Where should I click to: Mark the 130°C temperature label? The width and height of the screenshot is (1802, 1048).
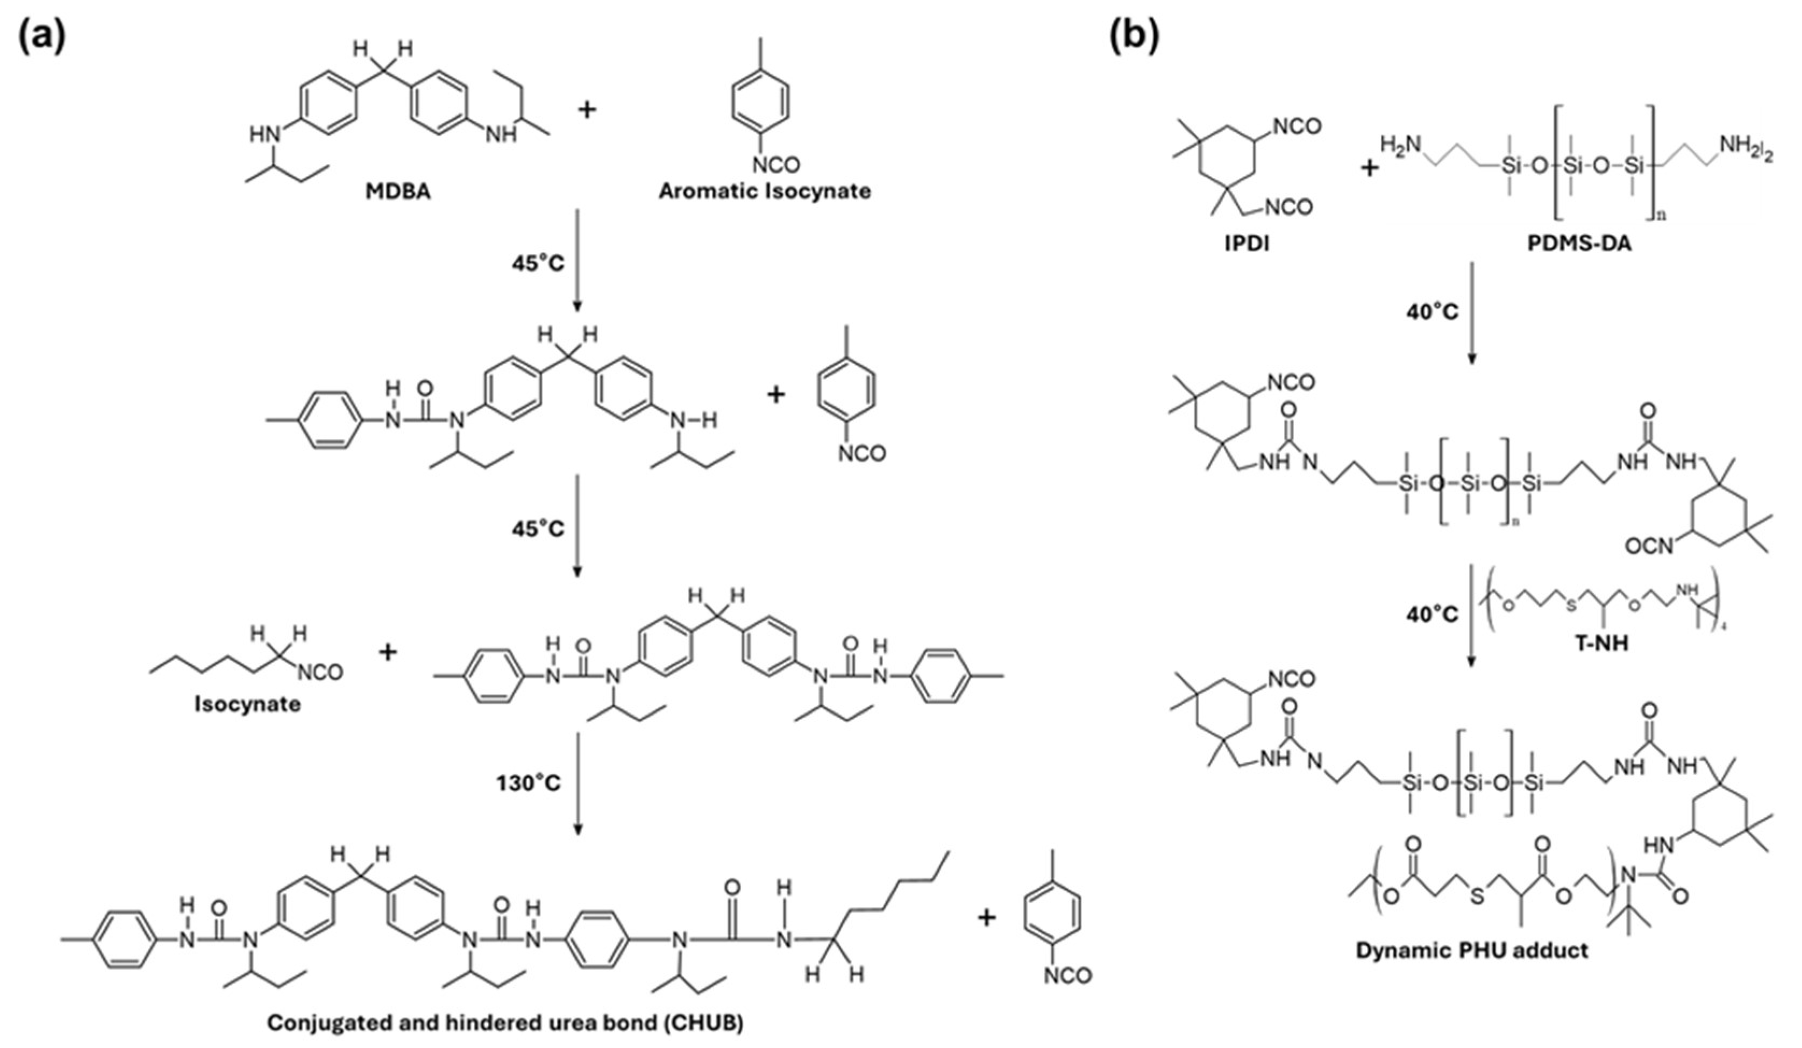529,783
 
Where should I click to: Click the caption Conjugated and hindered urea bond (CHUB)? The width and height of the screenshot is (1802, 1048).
505,1023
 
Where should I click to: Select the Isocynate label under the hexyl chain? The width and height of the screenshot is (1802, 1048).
247,704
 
